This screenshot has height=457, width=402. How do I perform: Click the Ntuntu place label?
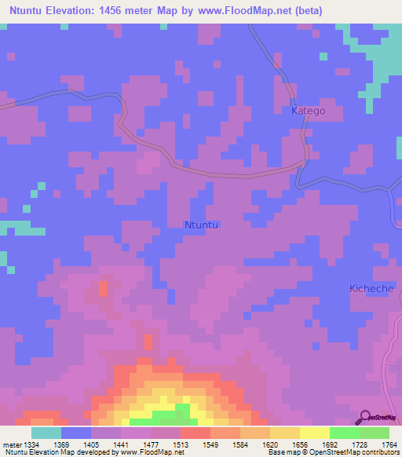[201, 225]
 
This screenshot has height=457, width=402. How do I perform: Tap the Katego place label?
[308, 112]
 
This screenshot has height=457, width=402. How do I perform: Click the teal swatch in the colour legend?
[46, 433]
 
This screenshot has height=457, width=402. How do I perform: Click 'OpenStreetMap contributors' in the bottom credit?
[354, 452]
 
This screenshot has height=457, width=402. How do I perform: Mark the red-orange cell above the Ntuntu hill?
[103, 288]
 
